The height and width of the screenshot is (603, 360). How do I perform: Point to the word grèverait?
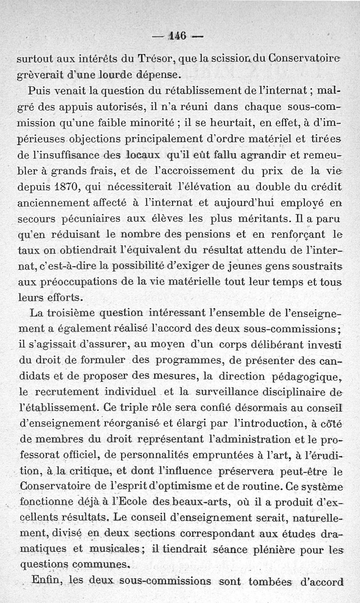click(x=39, y=73)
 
